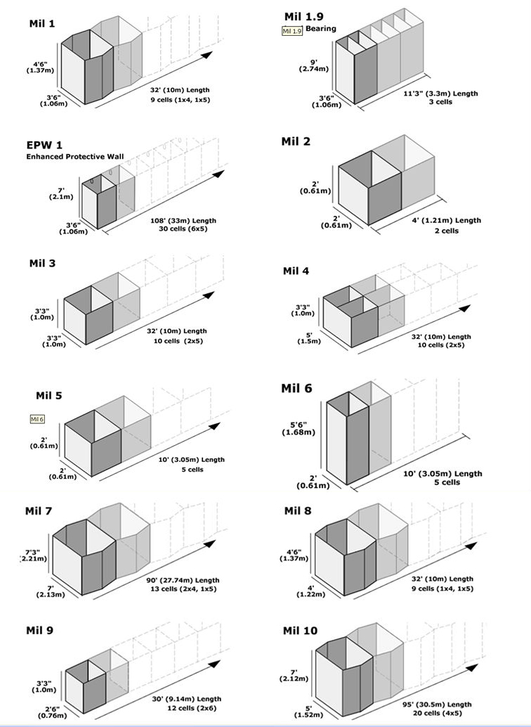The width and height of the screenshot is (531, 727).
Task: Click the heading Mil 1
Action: (x=42, y=23)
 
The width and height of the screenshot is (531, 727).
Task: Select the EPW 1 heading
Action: (x=45, y=145)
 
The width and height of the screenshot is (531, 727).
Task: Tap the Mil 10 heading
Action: (x=301, y=630)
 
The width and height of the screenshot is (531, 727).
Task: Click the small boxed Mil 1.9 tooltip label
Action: (x=291, y=31)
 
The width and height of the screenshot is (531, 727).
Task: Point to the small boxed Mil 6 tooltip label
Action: (x=37, y=419)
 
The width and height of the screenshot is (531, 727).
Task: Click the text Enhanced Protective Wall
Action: (x=72, y=156)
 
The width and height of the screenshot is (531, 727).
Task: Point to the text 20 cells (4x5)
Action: (x=439, y=713)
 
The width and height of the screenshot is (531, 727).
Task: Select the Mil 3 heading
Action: (x=42, y=264)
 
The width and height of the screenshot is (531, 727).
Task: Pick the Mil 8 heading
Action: (x=299, y=510)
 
